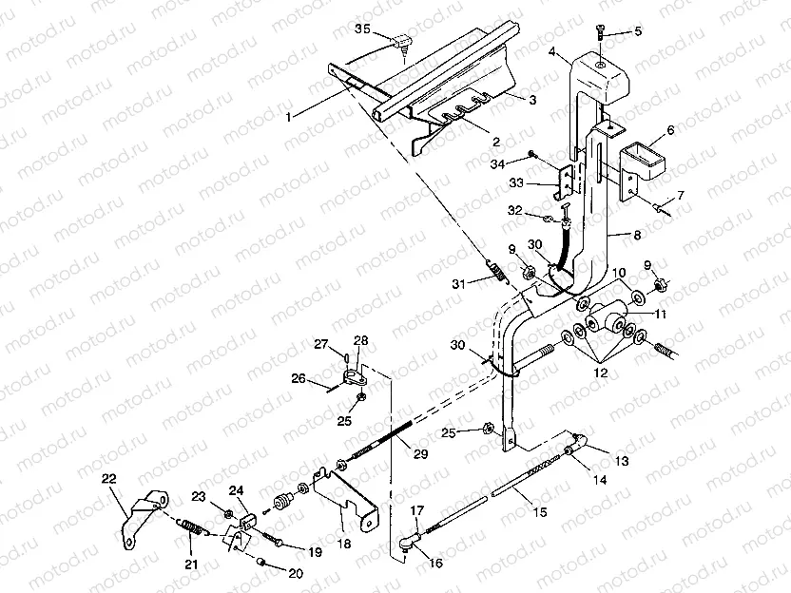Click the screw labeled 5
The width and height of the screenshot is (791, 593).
point(603,32)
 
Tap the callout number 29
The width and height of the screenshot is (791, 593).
point(419,455)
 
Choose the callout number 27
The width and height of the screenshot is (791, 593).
point(320,343)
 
